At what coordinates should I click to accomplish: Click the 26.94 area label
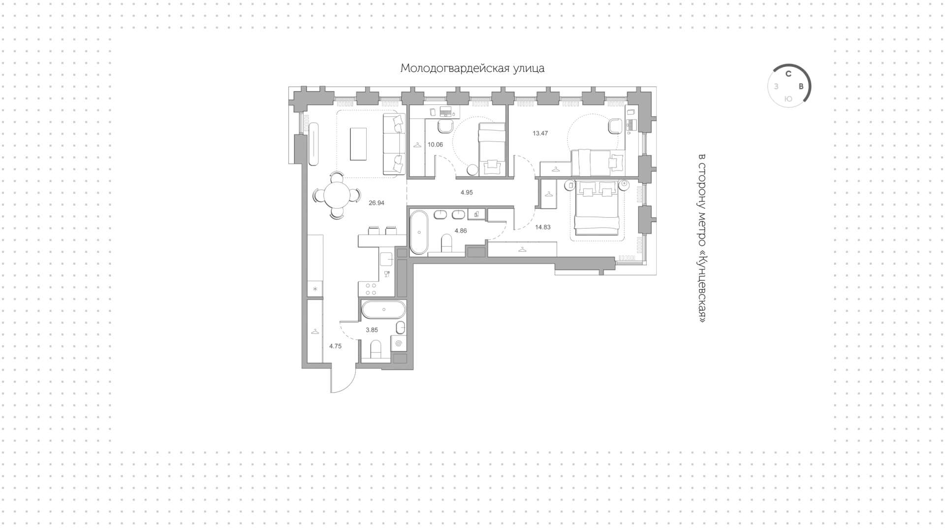pos(377,202)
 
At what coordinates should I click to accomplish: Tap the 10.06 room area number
pos(435,145)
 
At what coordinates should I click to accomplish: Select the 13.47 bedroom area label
pos(540,133)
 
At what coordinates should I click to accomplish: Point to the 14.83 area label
pos(543,227)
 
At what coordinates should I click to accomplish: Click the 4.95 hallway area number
pos(467,193)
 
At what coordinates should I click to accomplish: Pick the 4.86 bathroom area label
pos(461,231)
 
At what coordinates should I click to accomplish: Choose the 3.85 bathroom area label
pos(372,330)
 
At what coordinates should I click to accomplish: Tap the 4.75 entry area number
pos(335,346)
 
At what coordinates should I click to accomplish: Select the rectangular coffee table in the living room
pos(358,144)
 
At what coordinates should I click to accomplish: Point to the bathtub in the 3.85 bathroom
pos(384,310)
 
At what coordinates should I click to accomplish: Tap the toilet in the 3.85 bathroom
pos(376,349)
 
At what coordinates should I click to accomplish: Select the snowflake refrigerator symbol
pos(315,289)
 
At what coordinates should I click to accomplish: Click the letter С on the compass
pos(788,74)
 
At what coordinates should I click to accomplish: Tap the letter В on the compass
pos(801,87)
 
